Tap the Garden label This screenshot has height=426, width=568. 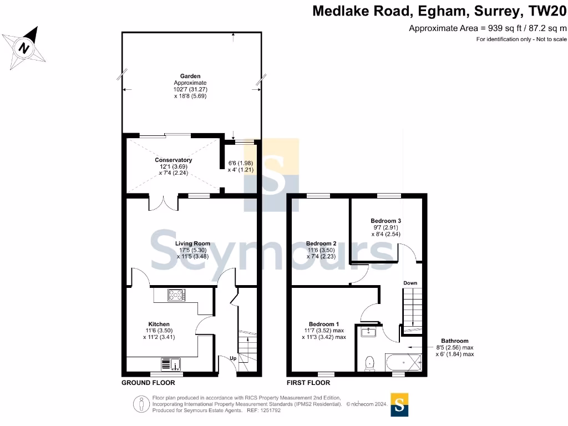(190, 76)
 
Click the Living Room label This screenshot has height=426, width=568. (192, 243)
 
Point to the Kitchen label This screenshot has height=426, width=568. (159, 324)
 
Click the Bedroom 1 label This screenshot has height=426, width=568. (324, 324)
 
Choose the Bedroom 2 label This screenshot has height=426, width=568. (321, 244)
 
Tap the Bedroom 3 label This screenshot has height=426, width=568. (386, 221)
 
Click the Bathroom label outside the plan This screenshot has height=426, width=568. (455, 341)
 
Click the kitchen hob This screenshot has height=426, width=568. (176, 295)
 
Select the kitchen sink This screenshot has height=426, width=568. (171, 364)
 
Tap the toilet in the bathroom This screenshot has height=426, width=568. (370, 363)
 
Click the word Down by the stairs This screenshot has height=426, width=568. (410, 283)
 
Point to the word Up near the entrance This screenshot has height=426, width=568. (233, 358)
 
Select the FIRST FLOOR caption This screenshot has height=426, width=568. (308, 383)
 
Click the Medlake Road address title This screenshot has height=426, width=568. (440, 11)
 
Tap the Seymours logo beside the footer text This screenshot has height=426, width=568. (399, 405)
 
